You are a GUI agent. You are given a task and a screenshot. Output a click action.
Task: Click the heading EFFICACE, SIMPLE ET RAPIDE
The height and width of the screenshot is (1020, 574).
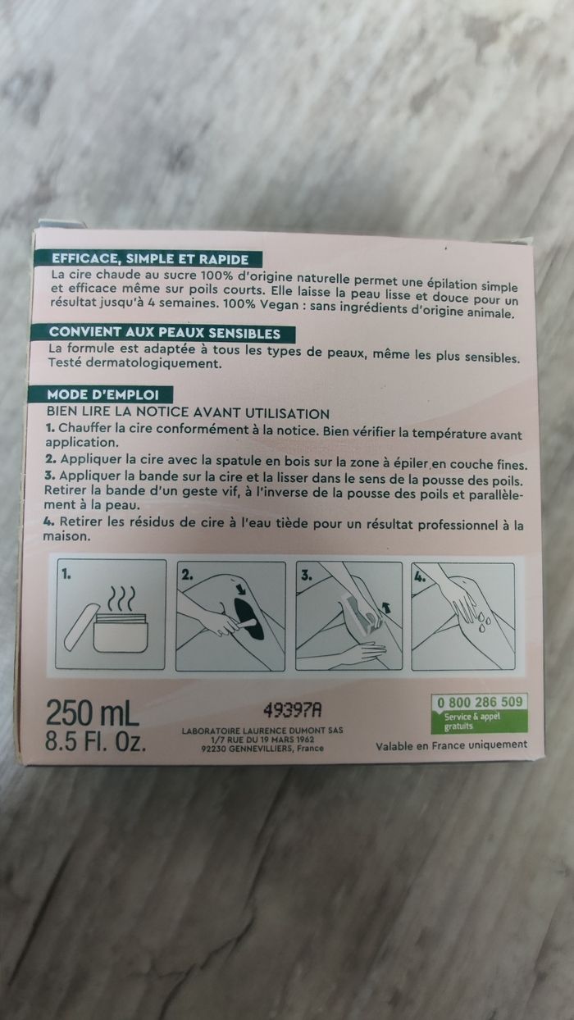(x=150, y=259)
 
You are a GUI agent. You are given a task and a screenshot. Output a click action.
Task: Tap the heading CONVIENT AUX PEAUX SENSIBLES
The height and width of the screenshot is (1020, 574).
(x=165, y=333)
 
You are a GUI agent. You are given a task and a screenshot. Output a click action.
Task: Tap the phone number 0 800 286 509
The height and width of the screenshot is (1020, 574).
(x=480, y=702)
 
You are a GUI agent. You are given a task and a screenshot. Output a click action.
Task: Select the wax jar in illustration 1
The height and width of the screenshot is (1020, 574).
(x=121, y=635)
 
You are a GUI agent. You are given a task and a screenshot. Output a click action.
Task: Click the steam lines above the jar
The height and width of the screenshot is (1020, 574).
(x=121, y=599)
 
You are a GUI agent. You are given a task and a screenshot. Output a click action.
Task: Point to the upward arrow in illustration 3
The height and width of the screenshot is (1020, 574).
(x=386, y=607)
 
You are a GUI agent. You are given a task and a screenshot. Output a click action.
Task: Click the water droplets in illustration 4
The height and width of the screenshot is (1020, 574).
(x=483, y=619)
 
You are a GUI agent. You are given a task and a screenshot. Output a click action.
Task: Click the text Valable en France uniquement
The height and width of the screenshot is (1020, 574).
(x=451, y=745)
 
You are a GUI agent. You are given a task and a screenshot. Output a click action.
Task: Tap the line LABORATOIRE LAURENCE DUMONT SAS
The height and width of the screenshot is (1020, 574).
(x=262, y=731)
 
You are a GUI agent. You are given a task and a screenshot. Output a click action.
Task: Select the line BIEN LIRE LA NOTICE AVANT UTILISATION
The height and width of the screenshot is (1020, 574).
(x=188, y=412)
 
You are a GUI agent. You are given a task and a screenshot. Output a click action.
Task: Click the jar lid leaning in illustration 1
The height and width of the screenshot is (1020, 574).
(x=83, y=626)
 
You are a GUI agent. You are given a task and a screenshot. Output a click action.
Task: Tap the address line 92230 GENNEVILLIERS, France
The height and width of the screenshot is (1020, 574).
(x=262, y=748)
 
